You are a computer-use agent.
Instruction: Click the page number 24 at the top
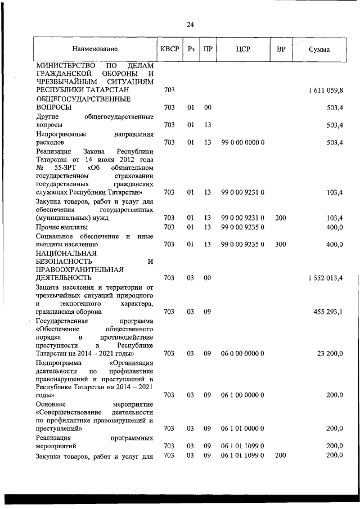coord(190,24)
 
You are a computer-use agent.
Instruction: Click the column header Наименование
coord(94,49)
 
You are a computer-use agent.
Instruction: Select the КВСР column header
coord(169,49)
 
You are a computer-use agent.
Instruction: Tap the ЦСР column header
coord(243,49)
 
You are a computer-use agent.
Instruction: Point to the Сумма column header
coord(319,49)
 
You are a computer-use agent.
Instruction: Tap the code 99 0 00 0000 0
coord(243,142)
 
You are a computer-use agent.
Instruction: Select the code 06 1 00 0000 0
coord(243,395)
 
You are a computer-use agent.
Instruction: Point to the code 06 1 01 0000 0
coord(243,429)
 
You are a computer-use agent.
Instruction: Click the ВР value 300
coord(281,245)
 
